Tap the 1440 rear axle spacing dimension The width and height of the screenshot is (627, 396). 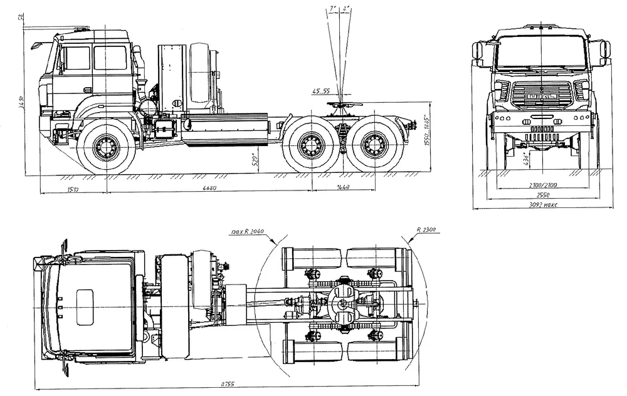(342, 188)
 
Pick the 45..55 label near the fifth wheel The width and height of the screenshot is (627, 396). (320, 91)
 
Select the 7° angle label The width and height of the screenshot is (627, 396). (332, 9)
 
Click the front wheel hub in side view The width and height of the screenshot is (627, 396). (105, 147)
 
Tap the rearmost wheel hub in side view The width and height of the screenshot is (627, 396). (374, 147)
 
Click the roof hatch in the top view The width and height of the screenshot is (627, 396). (85, 306)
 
